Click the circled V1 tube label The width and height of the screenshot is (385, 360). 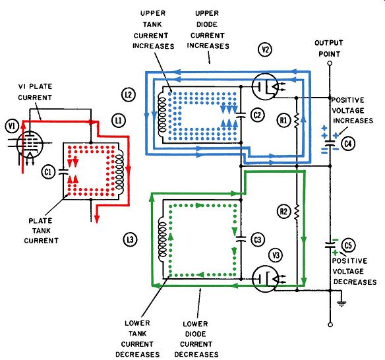[12, 127]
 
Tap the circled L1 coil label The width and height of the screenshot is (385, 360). [119, 121]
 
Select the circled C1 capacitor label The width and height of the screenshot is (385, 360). [48, 172]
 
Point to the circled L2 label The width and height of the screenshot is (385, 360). [129, 94]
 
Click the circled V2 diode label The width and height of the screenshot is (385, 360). [265, 50]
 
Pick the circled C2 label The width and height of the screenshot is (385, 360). [257, 115]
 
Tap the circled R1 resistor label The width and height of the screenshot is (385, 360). [284, 120]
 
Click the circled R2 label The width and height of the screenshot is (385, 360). [283, 212]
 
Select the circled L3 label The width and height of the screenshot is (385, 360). [130, 239]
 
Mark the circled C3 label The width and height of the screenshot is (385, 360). [258, 240]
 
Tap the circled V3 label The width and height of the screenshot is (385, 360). [276, 255]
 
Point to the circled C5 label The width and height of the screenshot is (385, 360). [349, 245]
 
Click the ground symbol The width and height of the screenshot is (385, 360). [341, 304]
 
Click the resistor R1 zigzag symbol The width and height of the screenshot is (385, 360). [297, 120]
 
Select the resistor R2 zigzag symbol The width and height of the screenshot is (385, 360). [297, 212]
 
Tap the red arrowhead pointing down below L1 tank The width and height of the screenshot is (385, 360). [97, 219]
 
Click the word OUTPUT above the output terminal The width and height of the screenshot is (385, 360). [328, 43]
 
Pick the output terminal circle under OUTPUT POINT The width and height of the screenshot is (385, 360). [330, 63]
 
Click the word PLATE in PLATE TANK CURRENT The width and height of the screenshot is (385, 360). [40, 221]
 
